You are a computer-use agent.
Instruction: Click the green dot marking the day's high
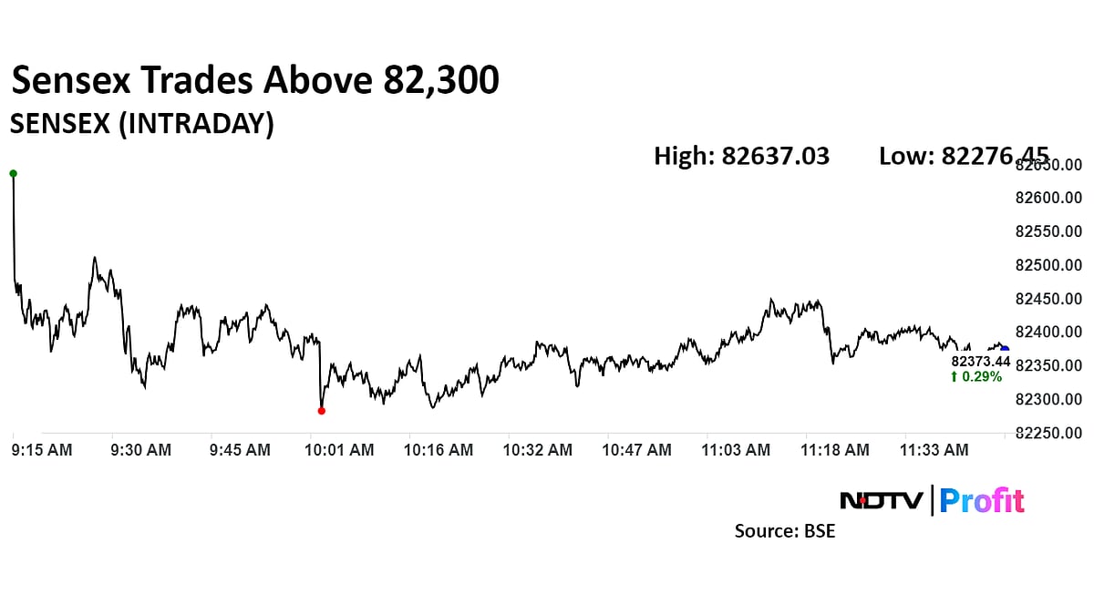13,173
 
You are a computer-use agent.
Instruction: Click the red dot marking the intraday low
321,411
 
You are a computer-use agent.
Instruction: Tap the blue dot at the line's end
1005,349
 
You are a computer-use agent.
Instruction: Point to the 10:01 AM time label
338,450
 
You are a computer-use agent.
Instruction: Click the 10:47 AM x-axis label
637,450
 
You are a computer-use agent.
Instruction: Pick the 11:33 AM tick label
934,450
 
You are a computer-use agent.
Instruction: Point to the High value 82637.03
775,156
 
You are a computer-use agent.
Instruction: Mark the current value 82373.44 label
980,362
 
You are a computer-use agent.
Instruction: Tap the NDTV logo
881,500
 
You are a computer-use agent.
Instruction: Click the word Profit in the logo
982,500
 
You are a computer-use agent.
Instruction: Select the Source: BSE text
785,530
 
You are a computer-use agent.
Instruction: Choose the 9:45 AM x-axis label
240,450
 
